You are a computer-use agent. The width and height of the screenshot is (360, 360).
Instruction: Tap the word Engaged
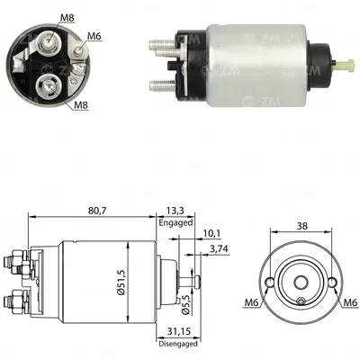tap(175, 221)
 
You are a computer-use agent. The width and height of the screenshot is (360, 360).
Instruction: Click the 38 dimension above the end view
tap(301, 228)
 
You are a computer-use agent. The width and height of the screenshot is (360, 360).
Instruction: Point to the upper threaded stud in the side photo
tap(157, 42)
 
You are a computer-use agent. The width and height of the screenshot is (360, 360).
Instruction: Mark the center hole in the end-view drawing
tap(301, 299)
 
